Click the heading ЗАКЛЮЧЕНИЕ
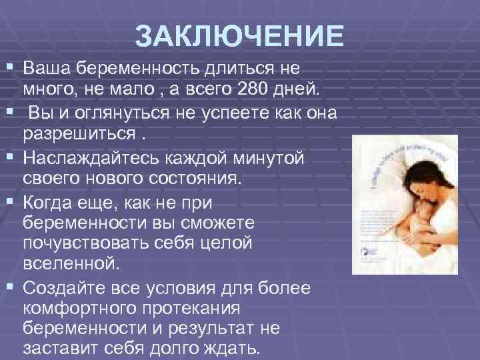point(239,37)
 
